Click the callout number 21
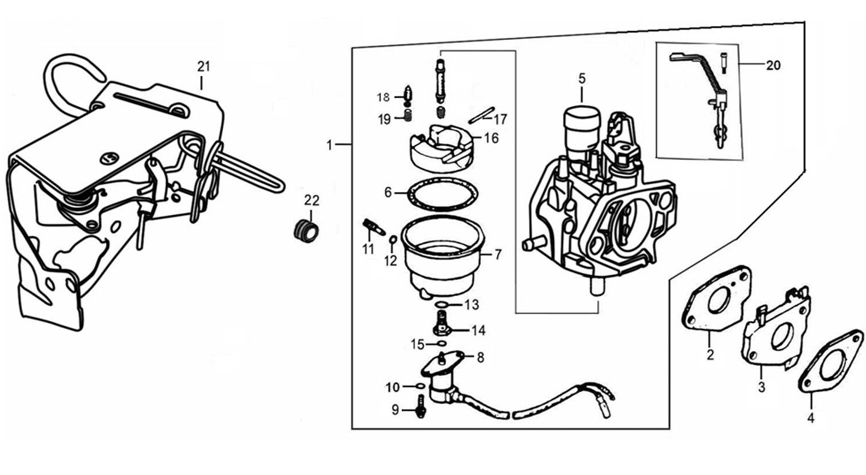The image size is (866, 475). coord(203,67)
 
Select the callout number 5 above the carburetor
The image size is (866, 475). coord(582,78)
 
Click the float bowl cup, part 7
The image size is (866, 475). coord(442,255)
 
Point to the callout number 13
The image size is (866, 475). coord(472,305)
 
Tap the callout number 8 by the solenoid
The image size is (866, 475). coord(480,358)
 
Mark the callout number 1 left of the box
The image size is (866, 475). coord(329,145)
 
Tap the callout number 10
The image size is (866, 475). coord(392,387)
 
